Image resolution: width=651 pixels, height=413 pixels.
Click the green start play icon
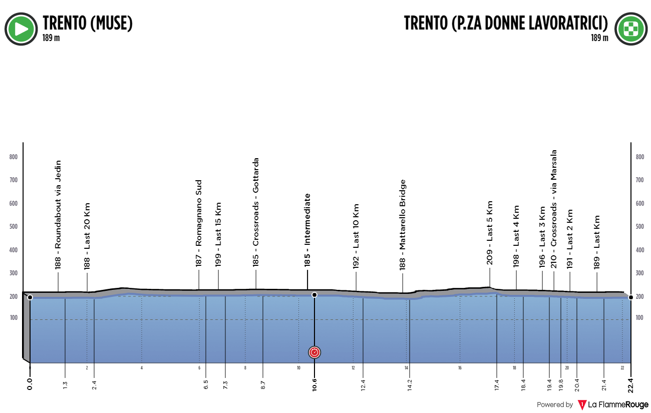point(21,29)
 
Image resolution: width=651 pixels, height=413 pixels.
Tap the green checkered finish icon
point(631,29)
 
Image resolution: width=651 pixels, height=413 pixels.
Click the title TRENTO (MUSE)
point(88,23)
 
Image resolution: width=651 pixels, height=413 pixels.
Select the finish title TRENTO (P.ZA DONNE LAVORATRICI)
point(506,23)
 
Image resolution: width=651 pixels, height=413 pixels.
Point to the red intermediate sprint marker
point(314,352)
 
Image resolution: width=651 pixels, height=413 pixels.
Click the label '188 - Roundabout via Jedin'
point(58,215)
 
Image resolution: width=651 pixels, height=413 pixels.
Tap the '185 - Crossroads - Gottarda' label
point(256,212)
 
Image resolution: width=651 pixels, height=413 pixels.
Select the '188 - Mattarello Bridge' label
point(402,225)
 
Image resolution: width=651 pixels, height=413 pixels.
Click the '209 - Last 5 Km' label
point(490,233)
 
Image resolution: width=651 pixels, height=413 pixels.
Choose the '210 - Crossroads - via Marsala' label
point(554,209)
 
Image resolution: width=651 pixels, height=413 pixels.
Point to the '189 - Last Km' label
point(597,242)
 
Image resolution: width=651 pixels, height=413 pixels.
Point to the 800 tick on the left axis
point(14,157)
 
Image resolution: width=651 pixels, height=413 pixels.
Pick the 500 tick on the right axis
point(640,227)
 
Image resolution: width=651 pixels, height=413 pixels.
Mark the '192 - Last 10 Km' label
point(357,236)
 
